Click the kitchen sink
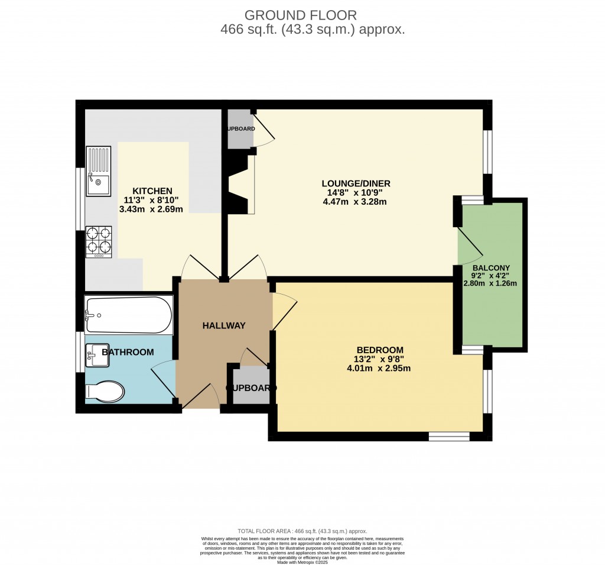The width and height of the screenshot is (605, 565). [x=98, y=172]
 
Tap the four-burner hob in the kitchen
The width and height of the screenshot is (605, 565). [x=99, y=242]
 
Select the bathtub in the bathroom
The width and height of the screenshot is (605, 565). [x=129, y=315]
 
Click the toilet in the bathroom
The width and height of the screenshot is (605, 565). [x=104, y=391]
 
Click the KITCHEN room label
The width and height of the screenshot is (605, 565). [x=152, y=191]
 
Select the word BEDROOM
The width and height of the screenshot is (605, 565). [x=380, y=350]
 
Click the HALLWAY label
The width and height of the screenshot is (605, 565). [x=224, y=325]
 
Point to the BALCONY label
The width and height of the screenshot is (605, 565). [x=491, y=267]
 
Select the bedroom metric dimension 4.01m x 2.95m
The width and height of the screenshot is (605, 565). [x=379, y=368]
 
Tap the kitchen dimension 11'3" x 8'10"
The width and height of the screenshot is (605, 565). [x=151, y=200]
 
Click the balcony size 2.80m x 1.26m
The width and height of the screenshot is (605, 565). [x=490, y=283]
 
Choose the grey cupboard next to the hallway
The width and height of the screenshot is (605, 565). [x=251, y=386]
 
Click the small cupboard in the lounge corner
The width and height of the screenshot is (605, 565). [x=240, y=129]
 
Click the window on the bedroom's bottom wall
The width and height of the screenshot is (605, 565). [x=449, y=437]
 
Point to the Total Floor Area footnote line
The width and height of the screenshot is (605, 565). [x=302, y=531]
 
